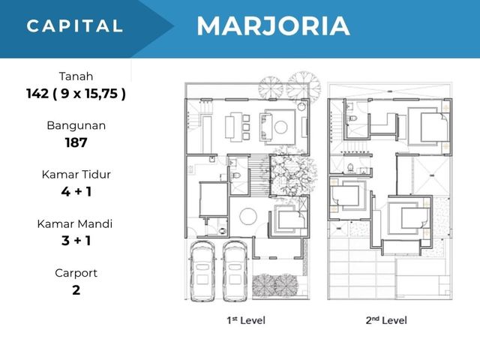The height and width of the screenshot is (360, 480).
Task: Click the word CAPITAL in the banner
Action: tap(75, 25)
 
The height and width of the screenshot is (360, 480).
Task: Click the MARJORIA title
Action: tap(273, 26)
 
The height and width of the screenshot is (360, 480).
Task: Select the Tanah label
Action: tap(76, 76)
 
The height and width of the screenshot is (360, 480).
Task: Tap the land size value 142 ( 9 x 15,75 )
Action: tap(76, 94)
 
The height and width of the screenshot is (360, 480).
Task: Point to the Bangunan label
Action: tap(76, 125)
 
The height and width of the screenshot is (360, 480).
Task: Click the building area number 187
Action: tap(76, 142)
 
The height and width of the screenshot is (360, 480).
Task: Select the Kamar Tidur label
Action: tap(76, 175)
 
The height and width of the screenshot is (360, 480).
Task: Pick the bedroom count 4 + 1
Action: tap(76, 192)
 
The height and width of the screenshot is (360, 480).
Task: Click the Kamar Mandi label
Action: tap(75, 223)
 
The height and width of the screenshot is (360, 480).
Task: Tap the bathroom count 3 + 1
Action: tap(76, 241)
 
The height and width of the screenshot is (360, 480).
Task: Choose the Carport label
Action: tap(76, 273)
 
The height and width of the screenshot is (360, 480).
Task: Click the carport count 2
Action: tap(76, 290)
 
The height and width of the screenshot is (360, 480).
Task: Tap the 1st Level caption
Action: tap(246, 320)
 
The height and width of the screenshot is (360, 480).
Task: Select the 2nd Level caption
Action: tap(386, 320)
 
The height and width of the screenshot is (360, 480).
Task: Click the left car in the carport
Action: tap(202, 271)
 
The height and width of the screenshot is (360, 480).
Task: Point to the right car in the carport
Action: tap(235, 271)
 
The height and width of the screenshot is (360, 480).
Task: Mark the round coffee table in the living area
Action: tap(280, 127)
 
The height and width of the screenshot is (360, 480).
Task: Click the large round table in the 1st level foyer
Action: tap(248, 217)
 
